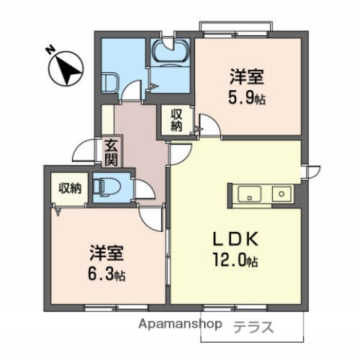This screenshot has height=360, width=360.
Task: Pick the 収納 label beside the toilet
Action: click(x=70, y=187)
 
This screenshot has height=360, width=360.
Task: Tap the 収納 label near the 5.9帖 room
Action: click(x=177, y=120)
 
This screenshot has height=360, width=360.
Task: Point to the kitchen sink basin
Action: click(x=249, y=194)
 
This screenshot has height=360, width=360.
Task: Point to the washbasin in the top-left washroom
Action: click(x=109, y=82)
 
